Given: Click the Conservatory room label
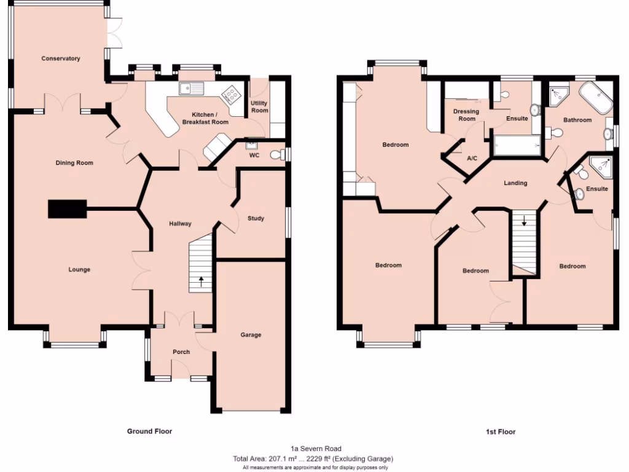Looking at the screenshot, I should coord(61,58).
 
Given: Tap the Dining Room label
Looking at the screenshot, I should coord(74,163).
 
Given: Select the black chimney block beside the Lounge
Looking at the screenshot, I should coord(68,209).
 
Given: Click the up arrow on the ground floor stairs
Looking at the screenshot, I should coord(201,282).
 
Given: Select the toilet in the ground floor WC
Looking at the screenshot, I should coord(278,154).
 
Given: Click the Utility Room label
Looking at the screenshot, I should coord(260,107).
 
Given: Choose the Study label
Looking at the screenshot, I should coord(256,218).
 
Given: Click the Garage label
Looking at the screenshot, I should coord(251,335).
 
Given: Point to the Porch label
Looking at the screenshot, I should coord(181,352).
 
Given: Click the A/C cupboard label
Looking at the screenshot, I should coord(472,159).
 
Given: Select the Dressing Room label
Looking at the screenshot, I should coord(466,115).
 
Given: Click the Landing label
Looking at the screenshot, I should coord(515,183).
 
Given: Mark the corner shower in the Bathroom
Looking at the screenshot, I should coord(560,94).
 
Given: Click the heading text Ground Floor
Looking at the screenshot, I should coord(149,431).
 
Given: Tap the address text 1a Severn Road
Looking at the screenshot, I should coord(316,449).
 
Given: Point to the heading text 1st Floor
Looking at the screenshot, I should coord(501,432).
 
